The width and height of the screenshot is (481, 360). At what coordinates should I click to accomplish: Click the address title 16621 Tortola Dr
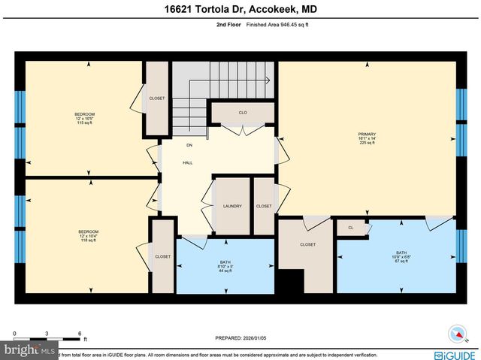pyautogui.click(x=240, y=10)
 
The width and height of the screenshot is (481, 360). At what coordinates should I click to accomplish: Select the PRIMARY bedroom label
pyautogui.click(x=367, y=138)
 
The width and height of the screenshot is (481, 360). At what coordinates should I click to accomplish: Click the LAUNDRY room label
pyautogui.click(x=231, y=206)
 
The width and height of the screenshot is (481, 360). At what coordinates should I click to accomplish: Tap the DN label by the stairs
pyautogui.click(x=189, y=145)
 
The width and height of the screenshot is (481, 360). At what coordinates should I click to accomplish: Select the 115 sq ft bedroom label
pyautogui.click(x=84, y=118)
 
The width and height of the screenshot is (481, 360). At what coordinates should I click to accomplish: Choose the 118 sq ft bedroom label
pyautogui.click(x=88, y=235)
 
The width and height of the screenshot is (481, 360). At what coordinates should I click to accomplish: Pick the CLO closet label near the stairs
pyautogui.click(x=243, y=113)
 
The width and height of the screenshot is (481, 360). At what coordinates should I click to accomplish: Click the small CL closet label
pyautogui.click(x=350, y=227)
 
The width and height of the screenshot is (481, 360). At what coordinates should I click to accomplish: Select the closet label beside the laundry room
pyautogui.click(x=263, y=206)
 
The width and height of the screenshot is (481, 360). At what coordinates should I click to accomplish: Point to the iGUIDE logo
pyautogui.click(x=455, y=353)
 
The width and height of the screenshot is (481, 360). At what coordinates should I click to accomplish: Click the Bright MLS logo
pyautogui.click(x=29, y=350)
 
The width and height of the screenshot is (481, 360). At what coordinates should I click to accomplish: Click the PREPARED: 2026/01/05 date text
pyautogui.click(x=240, y=338)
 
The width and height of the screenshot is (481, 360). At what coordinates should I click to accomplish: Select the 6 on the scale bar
pyautogui.click(x=80, y=332)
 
